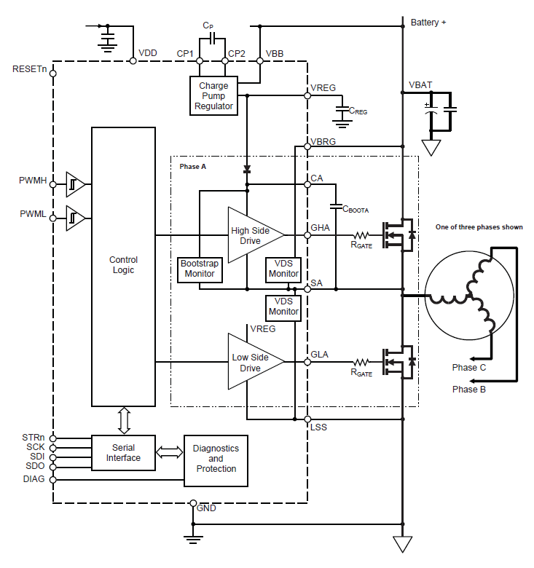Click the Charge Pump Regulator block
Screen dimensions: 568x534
[214, 96]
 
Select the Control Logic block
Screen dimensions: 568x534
[123, 266]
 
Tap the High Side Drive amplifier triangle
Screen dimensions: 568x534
[251, 235]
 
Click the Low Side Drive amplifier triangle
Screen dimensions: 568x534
[251, 362]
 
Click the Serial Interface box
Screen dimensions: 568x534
[123, 452]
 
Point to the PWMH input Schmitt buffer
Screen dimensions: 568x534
[76, 184]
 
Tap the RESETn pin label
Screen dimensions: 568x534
[29, 69]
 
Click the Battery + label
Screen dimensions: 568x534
[428, 23]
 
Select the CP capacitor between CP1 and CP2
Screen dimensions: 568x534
[210, 37]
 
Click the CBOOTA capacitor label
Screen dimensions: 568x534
[356, 209]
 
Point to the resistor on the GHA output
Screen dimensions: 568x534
[362, 235]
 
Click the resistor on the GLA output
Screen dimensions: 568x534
[362, 362]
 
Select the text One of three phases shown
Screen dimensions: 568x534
[479, 227]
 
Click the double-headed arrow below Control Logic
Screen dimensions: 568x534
[123, 421]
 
